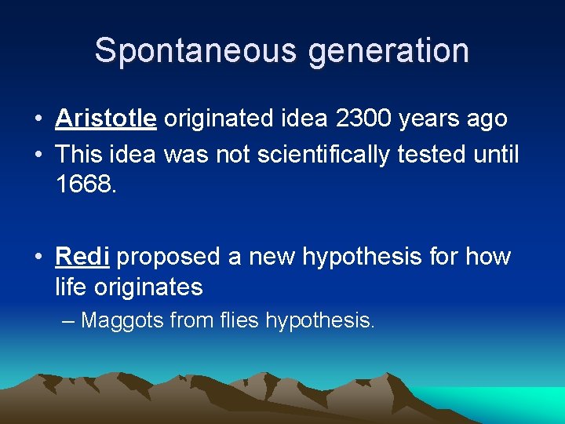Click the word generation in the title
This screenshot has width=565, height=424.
tap(388, 50)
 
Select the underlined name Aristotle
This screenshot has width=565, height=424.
tap(106, 119)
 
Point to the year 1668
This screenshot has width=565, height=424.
tap(85, 185)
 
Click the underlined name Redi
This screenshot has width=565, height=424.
tap(82, 257)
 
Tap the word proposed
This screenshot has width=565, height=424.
tap(169, 257)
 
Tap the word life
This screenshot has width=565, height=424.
tap(71, 287)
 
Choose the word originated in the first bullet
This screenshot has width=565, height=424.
tap(221, 119)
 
